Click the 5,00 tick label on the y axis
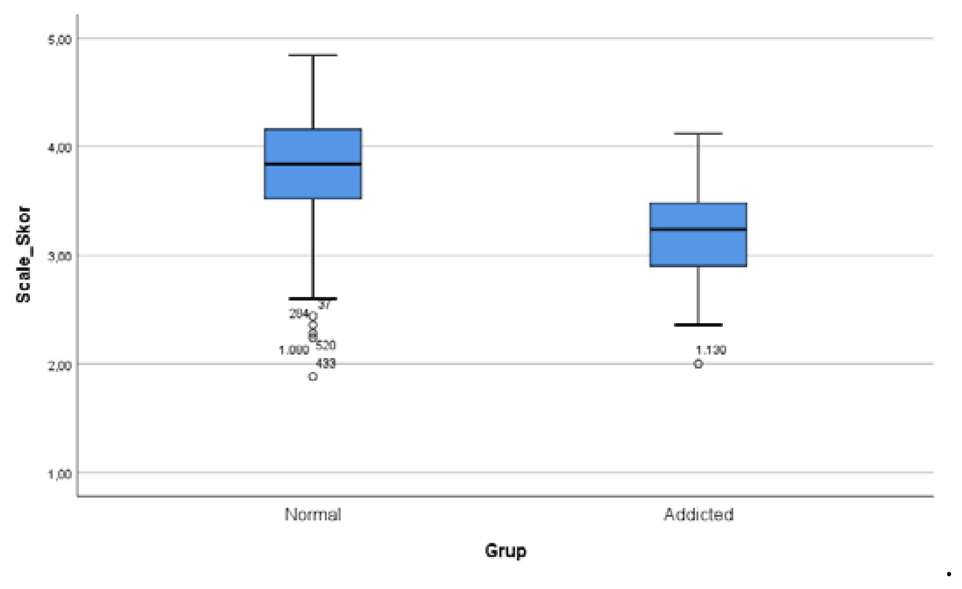58,40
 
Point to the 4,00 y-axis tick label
58,148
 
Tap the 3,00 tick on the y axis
58,256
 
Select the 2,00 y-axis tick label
58,365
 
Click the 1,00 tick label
58,474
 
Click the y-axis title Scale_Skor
24,255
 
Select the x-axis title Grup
505,551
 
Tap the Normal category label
313,514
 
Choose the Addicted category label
698,514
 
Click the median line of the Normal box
313,164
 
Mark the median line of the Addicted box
698,229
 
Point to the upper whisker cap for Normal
313,55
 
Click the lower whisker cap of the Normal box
313,299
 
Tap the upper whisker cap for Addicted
698,134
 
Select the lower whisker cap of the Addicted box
698,325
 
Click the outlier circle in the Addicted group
698,364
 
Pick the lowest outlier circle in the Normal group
313,377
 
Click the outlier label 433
326,363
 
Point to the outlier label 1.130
711,350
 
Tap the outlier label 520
326,345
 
